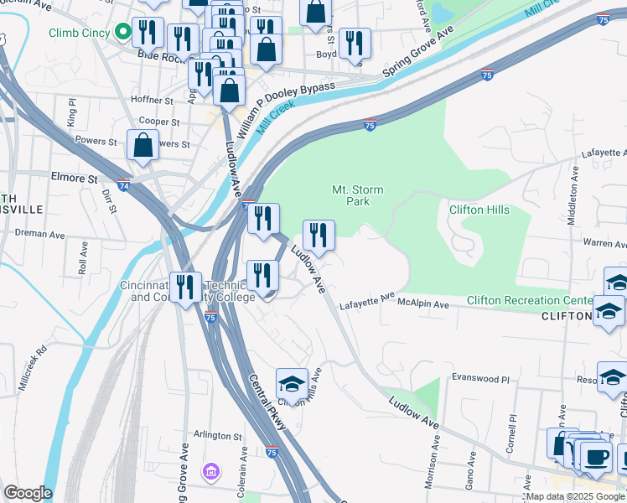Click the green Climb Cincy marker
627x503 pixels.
click(123, 33)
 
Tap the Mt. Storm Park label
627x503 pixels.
click(351, 195)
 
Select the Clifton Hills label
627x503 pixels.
click(479, 210)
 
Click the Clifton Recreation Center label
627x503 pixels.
click(529, 300)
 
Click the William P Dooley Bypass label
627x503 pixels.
click(285, 109)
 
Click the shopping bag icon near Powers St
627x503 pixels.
click(143, 144)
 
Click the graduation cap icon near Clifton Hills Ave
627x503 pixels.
click(291, 383)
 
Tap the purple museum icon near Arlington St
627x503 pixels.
click(210, 472)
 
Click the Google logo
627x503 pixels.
click(27, 492)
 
